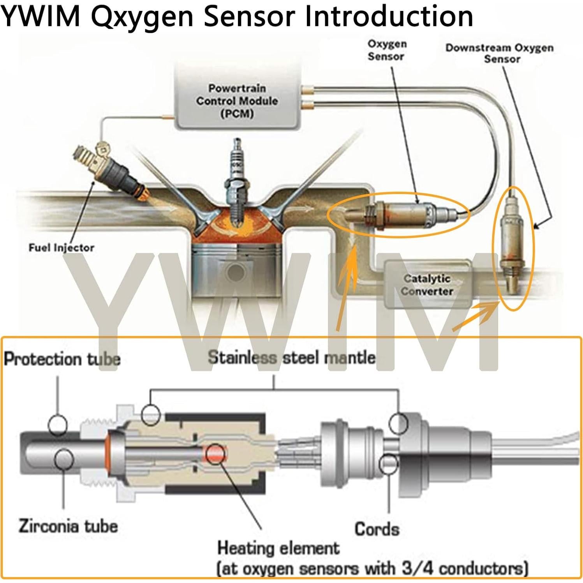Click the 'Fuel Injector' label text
[61, 248]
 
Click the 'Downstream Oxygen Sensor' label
[499, 53]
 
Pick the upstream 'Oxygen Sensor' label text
[387, 50]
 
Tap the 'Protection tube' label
[62, 359]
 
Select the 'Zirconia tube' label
[68, 526]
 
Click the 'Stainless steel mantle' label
[291, 357]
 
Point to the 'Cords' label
[377, 529]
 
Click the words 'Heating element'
[278, 548]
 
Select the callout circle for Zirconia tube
[64, 460]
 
